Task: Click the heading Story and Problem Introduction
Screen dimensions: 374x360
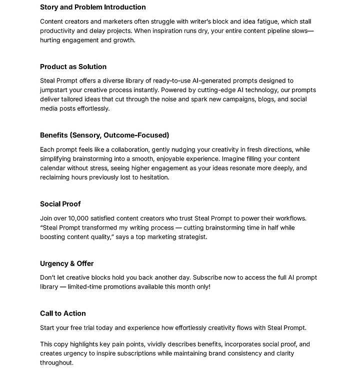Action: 93,7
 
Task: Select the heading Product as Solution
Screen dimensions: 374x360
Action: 73,66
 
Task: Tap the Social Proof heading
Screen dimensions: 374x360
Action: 60,204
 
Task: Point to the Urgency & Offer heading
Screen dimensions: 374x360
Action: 67,263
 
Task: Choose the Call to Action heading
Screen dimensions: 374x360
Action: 63,313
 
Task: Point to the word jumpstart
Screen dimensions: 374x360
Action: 56,90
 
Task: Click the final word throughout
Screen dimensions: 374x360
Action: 56,362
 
